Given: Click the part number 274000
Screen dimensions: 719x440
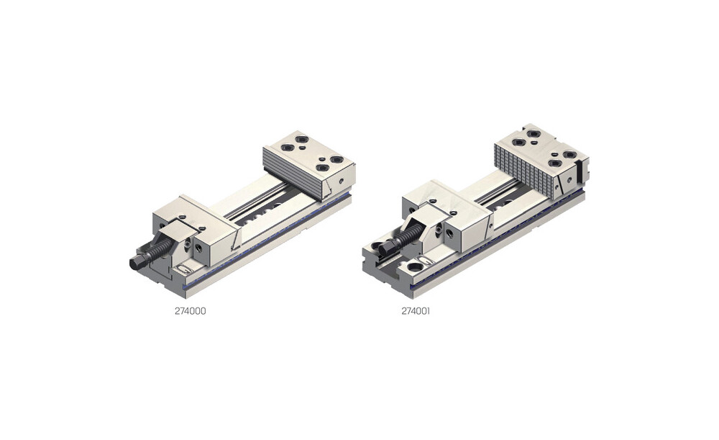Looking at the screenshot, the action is pos(190,311).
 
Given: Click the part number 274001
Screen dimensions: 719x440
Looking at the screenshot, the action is pos(416,311).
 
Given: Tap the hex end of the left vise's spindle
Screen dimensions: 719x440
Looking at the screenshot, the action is pos(137,263).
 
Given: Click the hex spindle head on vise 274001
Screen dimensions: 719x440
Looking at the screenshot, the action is pos(387,248).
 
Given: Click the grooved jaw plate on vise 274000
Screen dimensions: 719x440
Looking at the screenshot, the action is pos(294,174).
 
